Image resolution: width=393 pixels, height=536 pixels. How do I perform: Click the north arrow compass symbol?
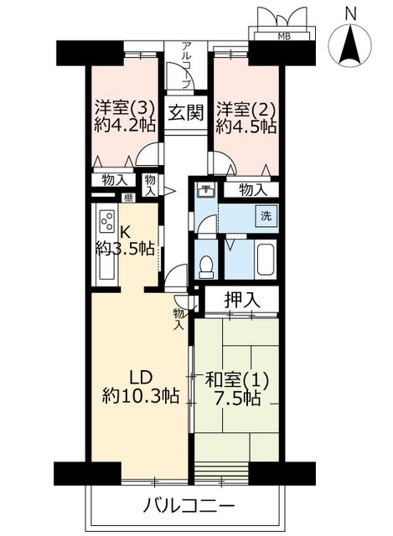point(349,44)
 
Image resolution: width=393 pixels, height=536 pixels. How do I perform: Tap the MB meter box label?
point(284,36)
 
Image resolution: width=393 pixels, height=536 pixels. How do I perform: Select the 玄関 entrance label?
point(185,112)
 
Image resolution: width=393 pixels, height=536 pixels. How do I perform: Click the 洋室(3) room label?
point(125,108)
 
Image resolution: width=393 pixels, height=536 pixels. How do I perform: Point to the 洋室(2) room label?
point(246,109)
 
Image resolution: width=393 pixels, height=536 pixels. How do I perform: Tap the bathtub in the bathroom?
point(265,260)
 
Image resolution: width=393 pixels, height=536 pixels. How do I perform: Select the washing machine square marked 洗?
point(266,216)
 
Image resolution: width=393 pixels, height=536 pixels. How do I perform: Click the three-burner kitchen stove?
point(108,221)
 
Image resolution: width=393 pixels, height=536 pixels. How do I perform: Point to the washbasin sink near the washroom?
point(205,190)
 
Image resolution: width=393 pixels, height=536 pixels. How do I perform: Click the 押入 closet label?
point(242,300)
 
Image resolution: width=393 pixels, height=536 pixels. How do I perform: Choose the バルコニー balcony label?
point(189,504)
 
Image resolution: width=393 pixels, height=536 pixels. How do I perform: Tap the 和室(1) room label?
point(236,379)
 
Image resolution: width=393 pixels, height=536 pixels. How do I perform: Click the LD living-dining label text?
point(140,378)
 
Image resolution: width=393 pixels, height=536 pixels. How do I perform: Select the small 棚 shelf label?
point(128,198)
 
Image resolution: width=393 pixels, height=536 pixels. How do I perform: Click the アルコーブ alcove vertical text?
point(186,65)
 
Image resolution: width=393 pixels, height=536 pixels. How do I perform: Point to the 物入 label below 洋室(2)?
point(253,190)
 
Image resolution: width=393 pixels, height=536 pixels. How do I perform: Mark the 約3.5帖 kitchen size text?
point(125,249)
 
